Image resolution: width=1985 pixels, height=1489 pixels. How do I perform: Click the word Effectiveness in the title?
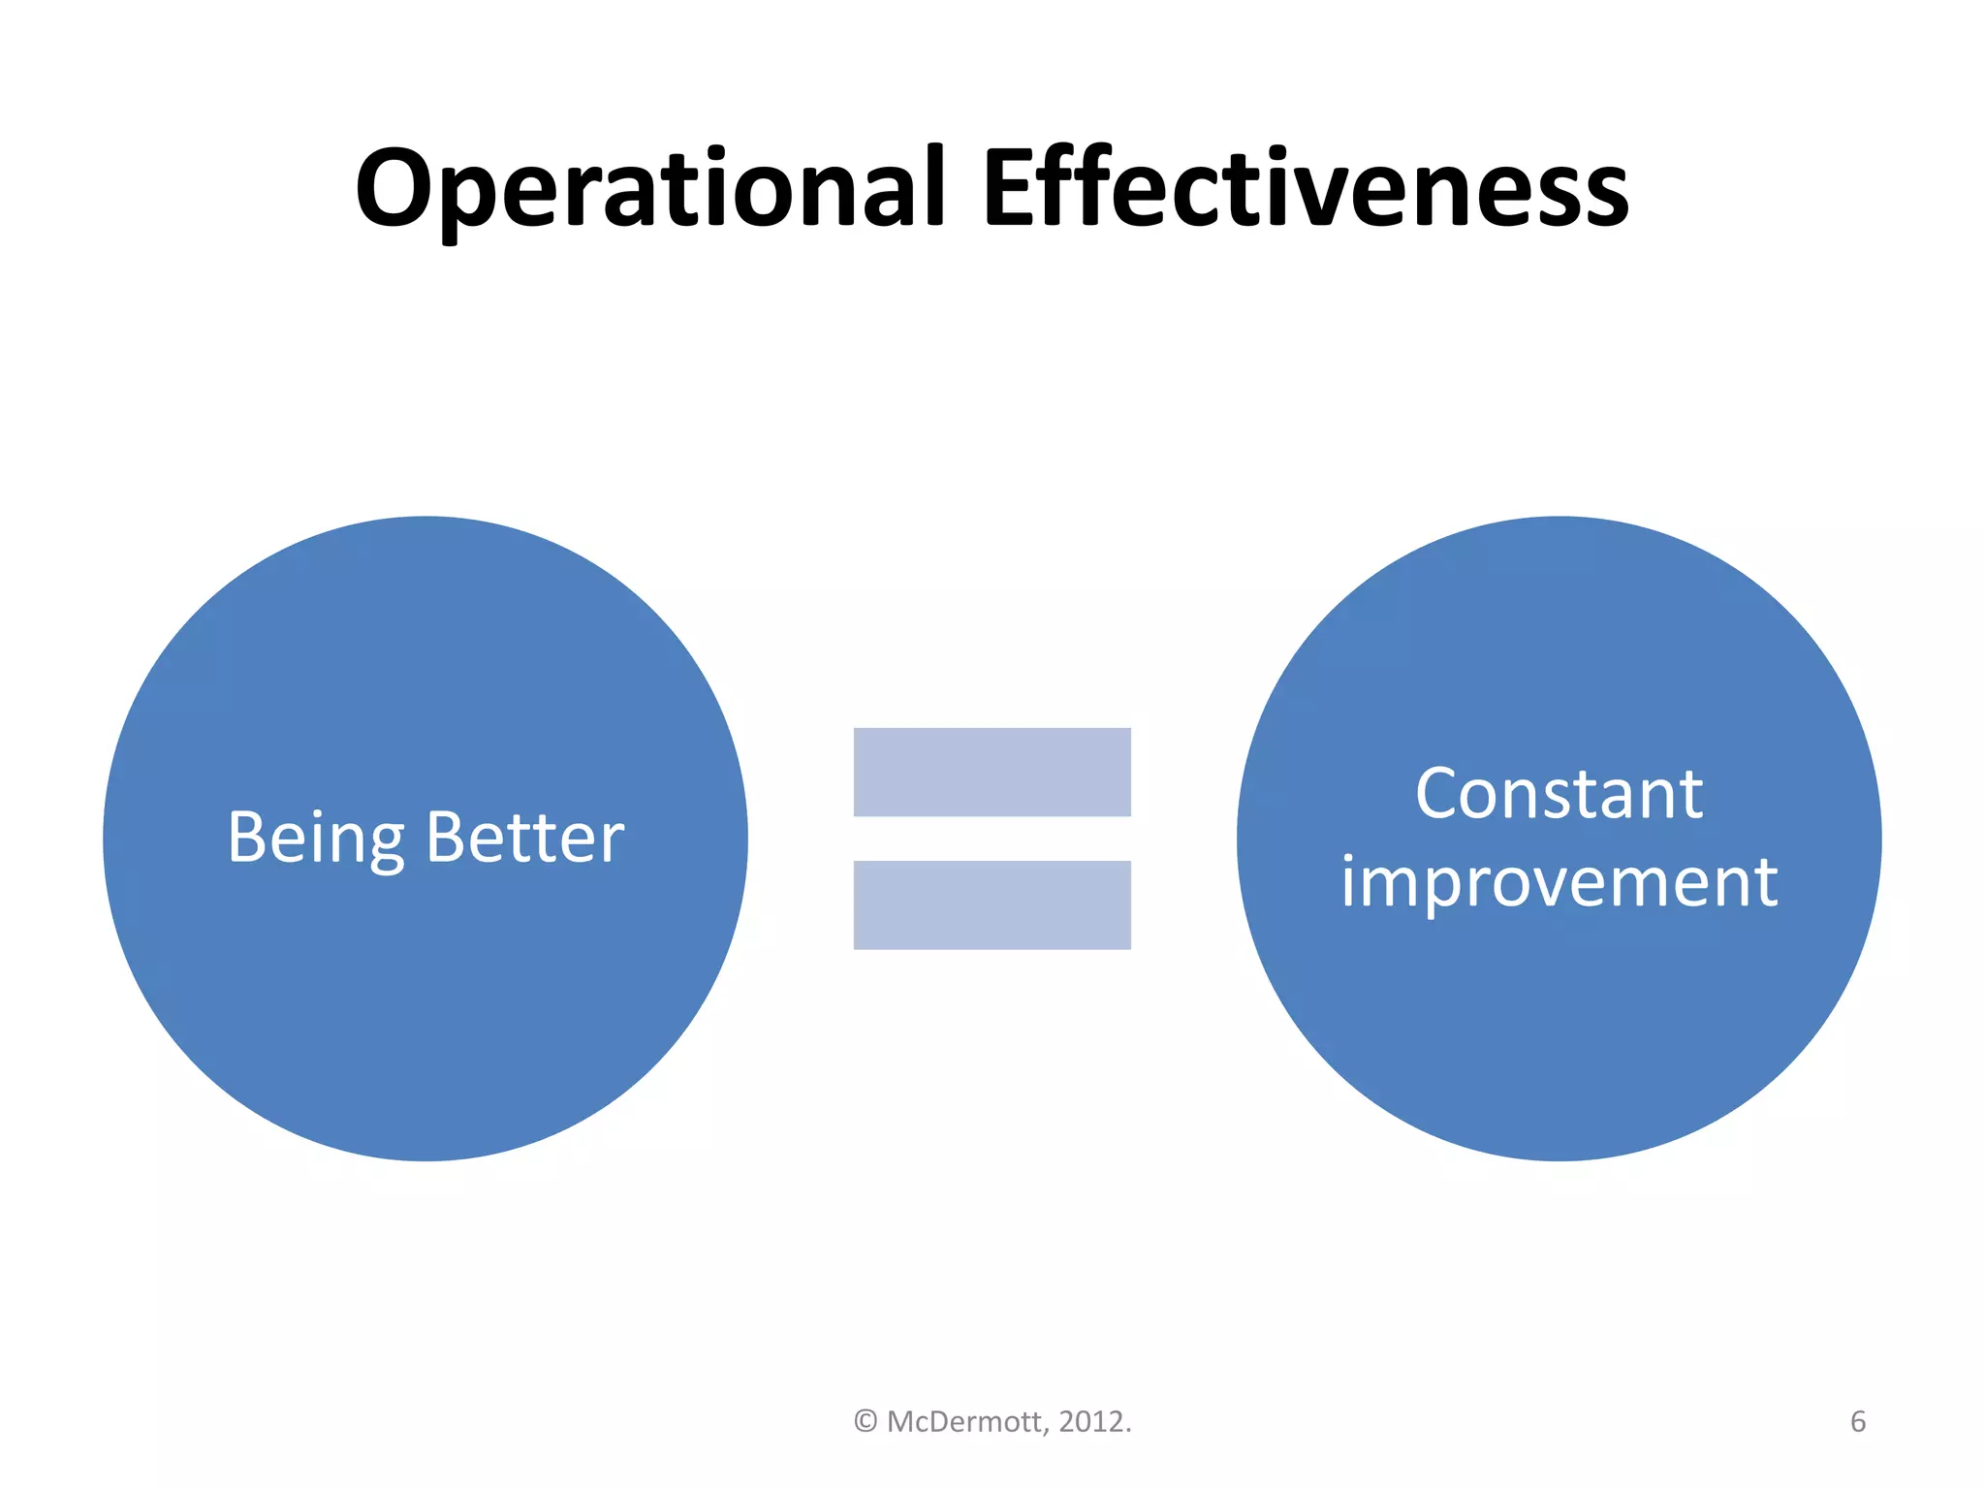[x=1305, y=189]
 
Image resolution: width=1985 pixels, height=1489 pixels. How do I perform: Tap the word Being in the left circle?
[x=315, y=839]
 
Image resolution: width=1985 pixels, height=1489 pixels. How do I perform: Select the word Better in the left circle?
[x=524, y=839]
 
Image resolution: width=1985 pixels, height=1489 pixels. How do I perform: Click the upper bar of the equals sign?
[x=992, y=772]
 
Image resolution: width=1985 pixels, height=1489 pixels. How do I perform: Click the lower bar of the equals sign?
[x=992, y=904]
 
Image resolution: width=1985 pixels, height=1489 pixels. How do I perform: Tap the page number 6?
[x=1857, y=1422]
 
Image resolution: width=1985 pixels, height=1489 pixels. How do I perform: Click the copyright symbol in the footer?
[x=866, y=1422]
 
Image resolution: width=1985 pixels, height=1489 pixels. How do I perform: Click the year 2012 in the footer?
[x=1091, y=1422]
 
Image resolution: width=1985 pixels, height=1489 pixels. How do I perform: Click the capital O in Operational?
[x=396, y=189]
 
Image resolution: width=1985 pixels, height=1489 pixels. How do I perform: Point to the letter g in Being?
[x=385, y=845]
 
